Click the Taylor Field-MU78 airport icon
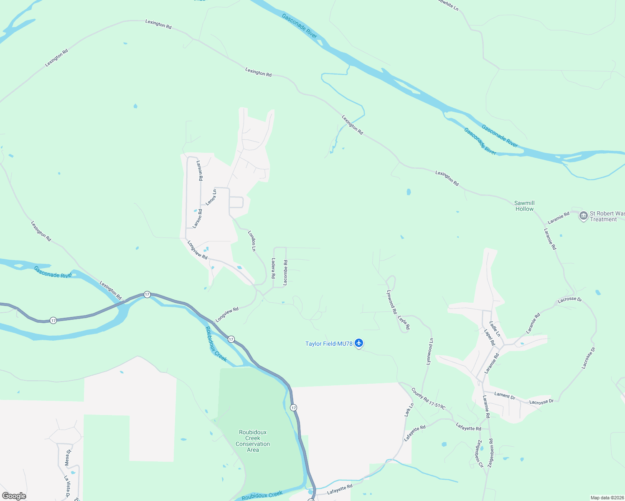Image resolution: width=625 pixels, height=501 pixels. click(x=359, y=344)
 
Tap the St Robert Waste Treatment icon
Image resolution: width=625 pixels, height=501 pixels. click(x=584, y=216)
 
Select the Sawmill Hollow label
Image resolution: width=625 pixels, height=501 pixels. click(x=524, y=206)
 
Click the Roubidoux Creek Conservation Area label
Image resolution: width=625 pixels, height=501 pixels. click(x=253, y=441)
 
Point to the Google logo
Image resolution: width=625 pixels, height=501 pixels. click(x=14, y=496)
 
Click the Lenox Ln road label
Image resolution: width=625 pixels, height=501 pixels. click(x=211, y=197)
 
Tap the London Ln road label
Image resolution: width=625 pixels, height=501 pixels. click(x=252, y=241)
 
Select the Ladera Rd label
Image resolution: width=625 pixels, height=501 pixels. click(x=273, y=268)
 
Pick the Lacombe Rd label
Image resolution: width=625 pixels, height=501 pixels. click(x=286, y=273)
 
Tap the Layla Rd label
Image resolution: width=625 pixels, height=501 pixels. click(x=404, y=322)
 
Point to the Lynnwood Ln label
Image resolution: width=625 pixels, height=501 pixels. click(x=430, y=352)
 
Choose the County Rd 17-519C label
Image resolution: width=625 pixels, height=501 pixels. click(x=428, y=399)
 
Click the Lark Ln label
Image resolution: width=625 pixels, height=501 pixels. click(x=409, y=409)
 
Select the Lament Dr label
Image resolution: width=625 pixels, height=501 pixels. click(x=505, y=395)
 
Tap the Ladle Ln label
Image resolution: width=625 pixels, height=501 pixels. click(x=495, y=329)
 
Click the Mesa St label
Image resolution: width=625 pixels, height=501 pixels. click(x=68, y=458)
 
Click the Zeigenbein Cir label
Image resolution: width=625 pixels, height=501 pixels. click(x=479, y=453)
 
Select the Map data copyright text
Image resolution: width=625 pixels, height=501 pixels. click(x=607, y=498)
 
